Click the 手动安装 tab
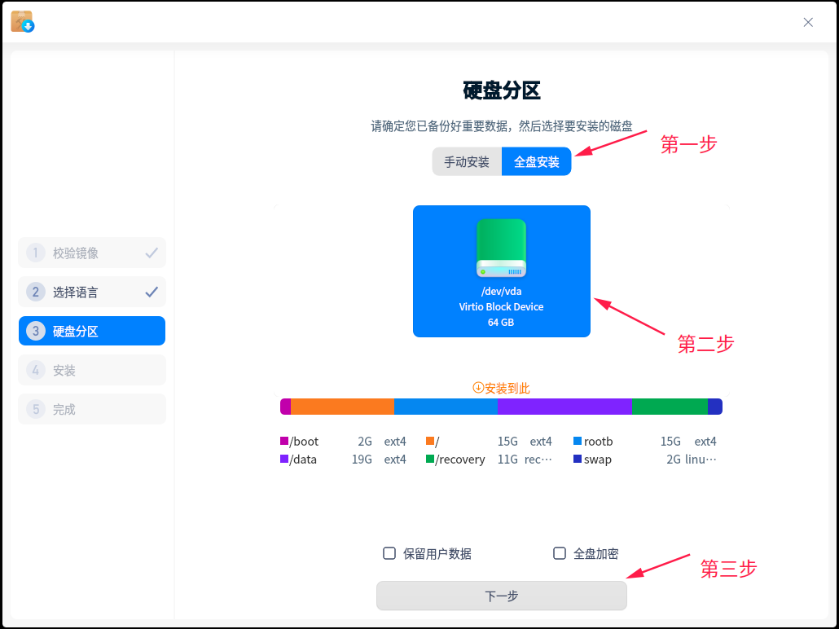[467, 161]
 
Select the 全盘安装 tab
[536, 161]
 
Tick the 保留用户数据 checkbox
[389, 553]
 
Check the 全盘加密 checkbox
[559, 553]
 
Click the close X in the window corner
[808, 22]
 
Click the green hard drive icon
[502, 248]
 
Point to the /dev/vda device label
[502, 291]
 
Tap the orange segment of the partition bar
[342, 407]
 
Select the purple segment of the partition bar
[564, 407]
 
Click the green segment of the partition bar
[670, 407]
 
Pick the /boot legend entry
[300, 441]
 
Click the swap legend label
[598, 460]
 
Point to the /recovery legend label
[460, 460]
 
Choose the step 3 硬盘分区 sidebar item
[92, 331]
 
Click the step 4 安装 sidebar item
[92, 370]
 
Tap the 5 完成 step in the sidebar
[92, 409]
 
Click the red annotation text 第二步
[705, 344]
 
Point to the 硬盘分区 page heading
[502, 90]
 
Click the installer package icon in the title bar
[23, 21]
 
